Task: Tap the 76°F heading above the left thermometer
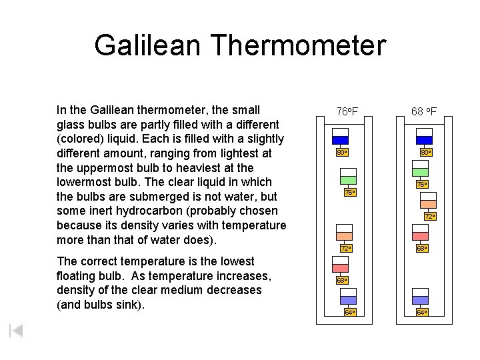tap(347, 111)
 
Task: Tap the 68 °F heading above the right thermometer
tap(424, 111)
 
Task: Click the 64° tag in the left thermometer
tap(350, 312)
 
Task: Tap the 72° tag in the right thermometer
tap(430, 217)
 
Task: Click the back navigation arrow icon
tap(17, 331)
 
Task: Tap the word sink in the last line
tap(130, 305)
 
